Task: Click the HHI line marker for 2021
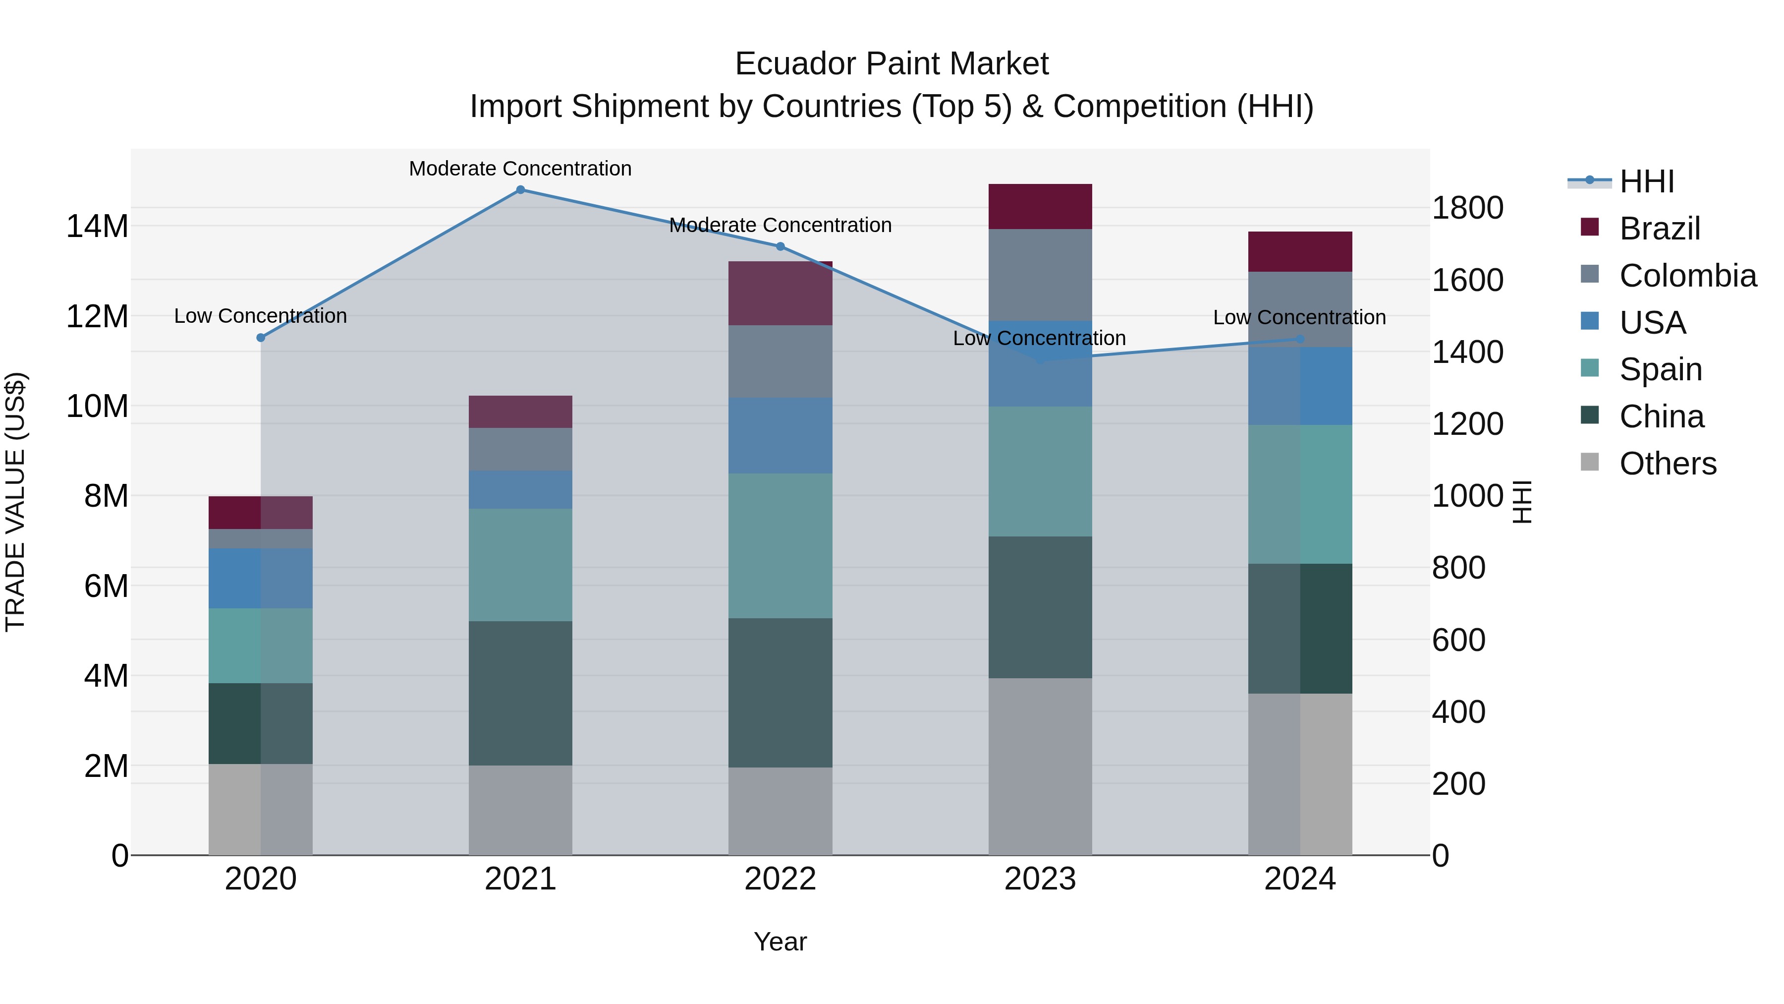coord(520,190)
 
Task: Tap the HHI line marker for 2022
coord(780,247)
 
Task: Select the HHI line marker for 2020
coord(260,338)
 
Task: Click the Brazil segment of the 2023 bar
coord(1040,206)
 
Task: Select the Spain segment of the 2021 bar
coord(520,565)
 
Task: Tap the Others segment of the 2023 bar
coord(1040,767)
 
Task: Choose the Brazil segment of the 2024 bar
coord(1299,251)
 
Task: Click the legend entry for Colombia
coord(1687,276)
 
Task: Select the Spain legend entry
coord(1660,369)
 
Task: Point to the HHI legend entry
coord(1646,181)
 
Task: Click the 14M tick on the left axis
coord(97,227)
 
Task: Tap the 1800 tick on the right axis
coord(1467,208)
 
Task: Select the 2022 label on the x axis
coord(780,879)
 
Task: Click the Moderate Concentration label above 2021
coord(520,169)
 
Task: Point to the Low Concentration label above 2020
coord(260,316)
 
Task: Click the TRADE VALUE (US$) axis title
coord(16,502)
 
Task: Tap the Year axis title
coord(780,942)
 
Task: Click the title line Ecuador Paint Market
coord(892,64)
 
